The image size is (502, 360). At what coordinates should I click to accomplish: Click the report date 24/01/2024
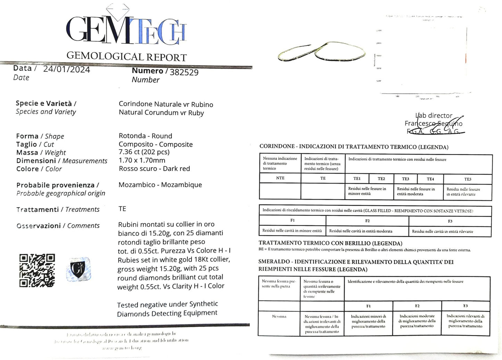pos(66,69)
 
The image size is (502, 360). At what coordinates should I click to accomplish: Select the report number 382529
pos(184,72)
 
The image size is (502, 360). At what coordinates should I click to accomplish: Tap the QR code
pos(37,270)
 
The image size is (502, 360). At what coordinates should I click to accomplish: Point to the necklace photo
pos(321,52)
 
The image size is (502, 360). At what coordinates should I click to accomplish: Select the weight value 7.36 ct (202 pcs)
pos(144,152)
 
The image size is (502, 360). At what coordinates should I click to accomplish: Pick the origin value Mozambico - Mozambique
pos(160,185)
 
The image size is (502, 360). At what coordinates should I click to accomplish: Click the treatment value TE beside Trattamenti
pos(122,209)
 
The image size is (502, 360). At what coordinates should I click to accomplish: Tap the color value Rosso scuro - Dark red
pos(154,169)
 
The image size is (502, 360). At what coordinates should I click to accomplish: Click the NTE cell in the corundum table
pos(280,178)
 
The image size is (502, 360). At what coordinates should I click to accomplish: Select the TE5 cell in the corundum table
pos(468,179)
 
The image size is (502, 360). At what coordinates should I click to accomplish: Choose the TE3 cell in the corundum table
pos(405,179)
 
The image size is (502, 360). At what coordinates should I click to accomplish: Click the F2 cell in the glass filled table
pos(367,221)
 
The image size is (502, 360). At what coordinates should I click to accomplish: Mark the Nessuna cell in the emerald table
pos(279,317)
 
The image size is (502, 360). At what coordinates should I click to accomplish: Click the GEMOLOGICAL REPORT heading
pos(126,56)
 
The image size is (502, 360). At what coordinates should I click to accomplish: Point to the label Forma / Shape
pos(40,136)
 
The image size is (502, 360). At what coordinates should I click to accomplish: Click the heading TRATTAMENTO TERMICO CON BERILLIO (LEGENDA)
pos(330,243)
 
